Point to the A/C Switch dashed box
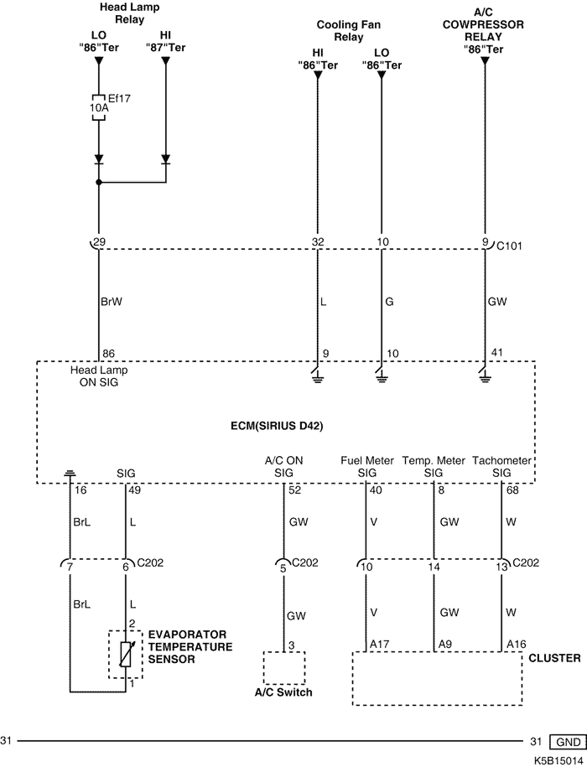point(283,668)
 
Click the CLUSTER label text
point(555,658)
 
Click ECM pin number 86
point(108,354)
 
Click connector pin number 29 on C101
point(100,242)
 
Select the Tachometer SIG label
point(502,467)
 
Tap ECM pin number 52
point(293,490)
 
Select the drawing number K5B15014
point(557,759)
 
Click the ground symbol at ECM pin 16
point(70,474)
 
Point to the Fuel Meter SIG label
point(367,467)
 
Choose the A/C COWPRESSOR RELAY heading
point(484,37)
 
